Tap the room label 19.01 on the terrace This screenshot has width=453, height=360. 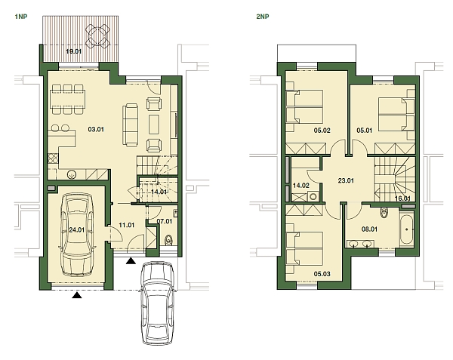click(74, 51)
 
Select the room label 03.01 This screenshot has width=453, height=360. click(96, 129)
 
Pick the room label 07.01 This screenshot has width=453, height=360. click(165, 221)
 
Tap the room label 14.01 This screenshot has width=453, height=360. click(159, 192)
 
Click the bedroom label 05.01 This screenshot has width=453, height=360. click(365, 130)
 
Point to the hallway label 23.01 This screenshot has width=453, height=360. click(346, 180)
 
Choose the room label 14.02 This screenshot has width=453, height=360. click(300, 185)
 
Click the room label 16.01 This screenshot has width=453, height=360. click(402, 198)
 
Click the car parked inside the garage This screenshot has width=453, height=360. click(75, 234)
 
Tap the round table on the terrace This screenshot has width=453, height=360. click(97, 34)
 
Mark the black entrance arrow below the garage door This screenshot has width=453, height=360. click(75, 296)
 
